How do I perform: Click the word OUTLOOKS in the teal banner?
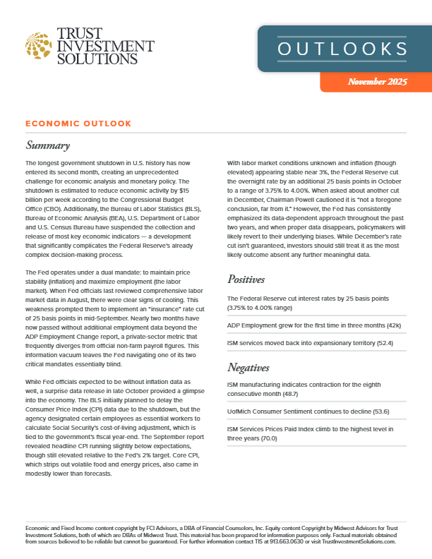click(342, 49)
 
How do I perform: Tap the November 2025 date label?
click(378, 82)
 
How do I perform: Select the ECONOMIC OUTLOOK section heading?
click(78, 124)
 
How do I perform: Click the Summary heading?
click(47, 146)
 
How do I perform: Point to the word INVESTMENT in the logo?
click(105, 46)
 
